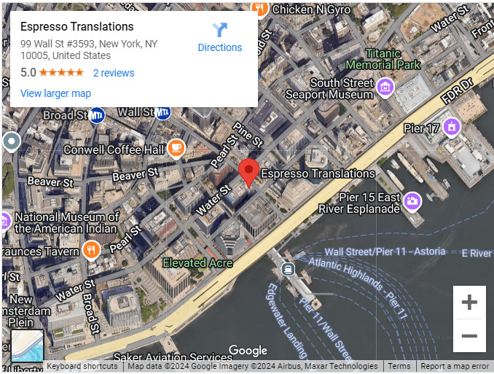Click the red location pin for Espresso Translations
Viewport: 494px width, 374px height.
(249, 172)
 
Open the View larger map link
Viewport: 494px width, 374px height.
(55, 93)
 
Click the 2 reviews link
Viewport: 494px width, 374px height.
(114, 73)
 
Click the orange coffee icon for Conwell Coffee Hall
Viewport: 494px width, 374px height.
(176, 148)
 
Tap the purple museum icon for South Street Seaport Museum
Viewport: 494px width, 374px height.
(385, 88)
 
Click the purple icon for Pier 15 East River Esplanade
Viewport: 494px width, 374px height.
(412, 200)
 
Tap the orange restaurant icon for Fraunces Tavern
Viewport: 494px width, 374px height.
(90, 252)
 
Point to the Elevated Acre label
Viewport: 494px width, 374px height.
(197, 262)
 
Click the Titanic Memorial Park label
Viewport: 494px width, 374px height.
(383, 59)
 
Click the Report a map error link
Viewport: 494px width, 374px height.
(455, 367)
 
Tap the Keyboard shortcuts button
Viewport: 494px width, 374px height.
(83, 367)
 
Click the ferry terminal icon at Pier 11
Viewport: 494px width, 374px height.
(289, 269)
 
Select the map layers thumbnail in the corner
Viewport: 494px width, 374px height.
(27, 346)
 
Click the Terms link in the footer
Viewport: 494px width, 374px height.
(399, 367)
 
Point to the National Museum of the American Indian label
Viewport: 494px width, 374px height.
(66, 222)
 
